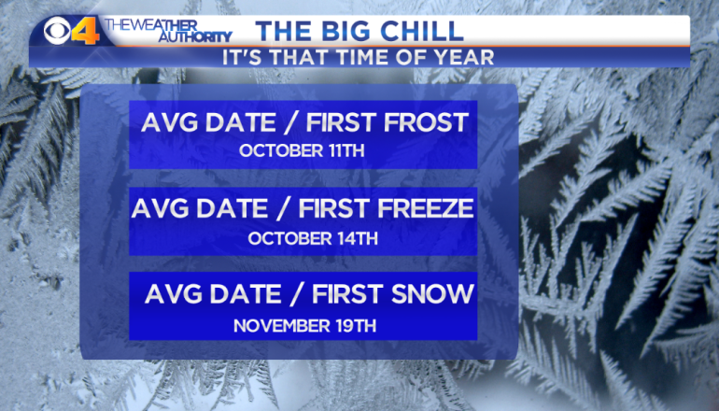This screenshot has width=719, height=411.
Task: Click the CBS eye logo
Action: (x=57, y=31)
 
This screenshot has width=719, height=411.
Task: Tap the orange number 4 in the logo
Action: (x=86, y=31)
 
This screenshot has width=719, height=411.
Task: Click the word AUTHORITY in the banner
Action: (x=195, y=36)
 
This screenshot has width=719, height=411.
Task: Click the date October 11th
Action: (x=302, y=151)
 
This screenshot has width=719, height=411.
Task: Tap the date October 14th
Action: (x=313, y=238)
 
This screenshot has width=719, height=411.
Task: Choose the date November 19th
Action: (x=305, y=326)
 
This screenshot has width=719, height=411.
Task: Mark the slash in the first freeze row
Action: (x=283, y=208)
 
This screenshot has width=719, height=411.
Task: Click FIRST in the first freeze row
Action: (x=334, y=208)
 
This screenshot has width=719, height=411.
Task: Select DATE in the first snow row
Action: (x=245, y=294)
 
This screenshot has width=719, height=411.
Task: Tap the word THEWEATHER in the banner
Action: (x=151, y=25)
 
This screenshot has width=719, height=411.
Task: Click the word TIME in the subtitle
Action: (x=364, y=58)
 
